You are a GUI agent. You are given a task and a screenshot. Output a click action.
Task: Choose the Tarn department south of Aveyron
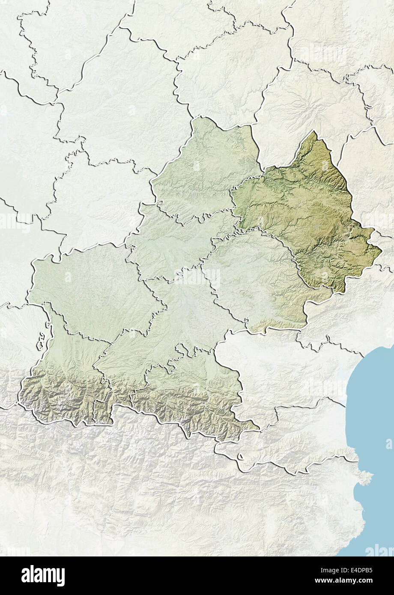(253, 278)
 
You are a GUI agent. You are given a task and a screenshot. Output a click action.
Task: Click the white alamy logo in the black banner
(43, 576)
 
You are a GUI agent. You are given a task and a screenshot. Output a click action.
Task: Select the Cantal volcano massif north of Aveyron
(308, 103)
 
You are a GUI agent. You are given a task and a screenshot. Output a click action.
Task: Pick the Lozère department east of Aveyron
(364, 180)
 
